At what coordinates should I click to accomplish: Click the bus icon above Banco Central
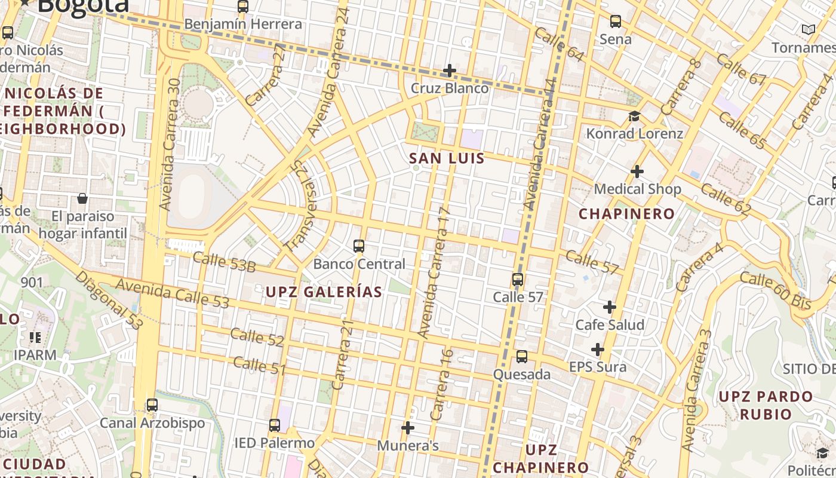pos(359,246)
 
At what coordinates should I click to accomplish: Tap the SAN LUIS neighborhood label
pos(447,158)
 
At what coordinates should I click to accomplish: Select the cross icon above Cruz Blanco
pos(449,71)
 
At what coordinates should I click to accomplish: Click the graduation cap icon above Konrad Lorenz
pos(634,116)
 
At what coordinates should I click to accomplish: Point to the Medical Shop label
pos(637,189)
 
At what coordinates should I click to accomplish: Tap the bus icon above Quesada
pos(522,357)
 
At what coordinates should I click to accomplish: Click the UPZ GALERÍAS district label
pos(324,292)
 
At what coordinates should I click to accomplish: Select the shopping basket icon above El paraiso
pos(82,198)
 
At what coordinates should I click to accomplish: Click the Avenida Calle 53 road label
pos(172,293)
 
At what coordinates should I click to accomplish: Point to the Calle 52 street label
pos(257,338)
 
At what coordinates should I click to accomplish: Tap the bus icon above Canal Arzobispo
pos(152,405)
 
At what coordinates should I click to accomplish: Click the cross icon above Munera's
pos(408,428)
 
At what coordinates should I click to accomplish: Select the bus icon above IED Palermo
pos(275,425)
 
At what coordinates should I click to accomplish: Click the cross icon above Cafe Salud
pos(610,307)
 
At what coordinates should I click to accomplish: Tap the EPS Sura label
pos(598,367)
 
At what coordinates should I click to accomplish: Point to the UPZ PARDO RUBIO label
pos(766,405)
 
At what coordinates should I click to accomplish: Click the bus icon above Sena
pos(616,22)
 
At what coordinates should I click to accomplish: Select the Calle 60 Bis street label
pos(775,290)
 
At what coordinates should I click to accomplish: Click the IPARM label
pos(35,355)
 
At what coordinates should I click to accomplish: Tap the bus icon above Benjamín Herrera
pos(243,7)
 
